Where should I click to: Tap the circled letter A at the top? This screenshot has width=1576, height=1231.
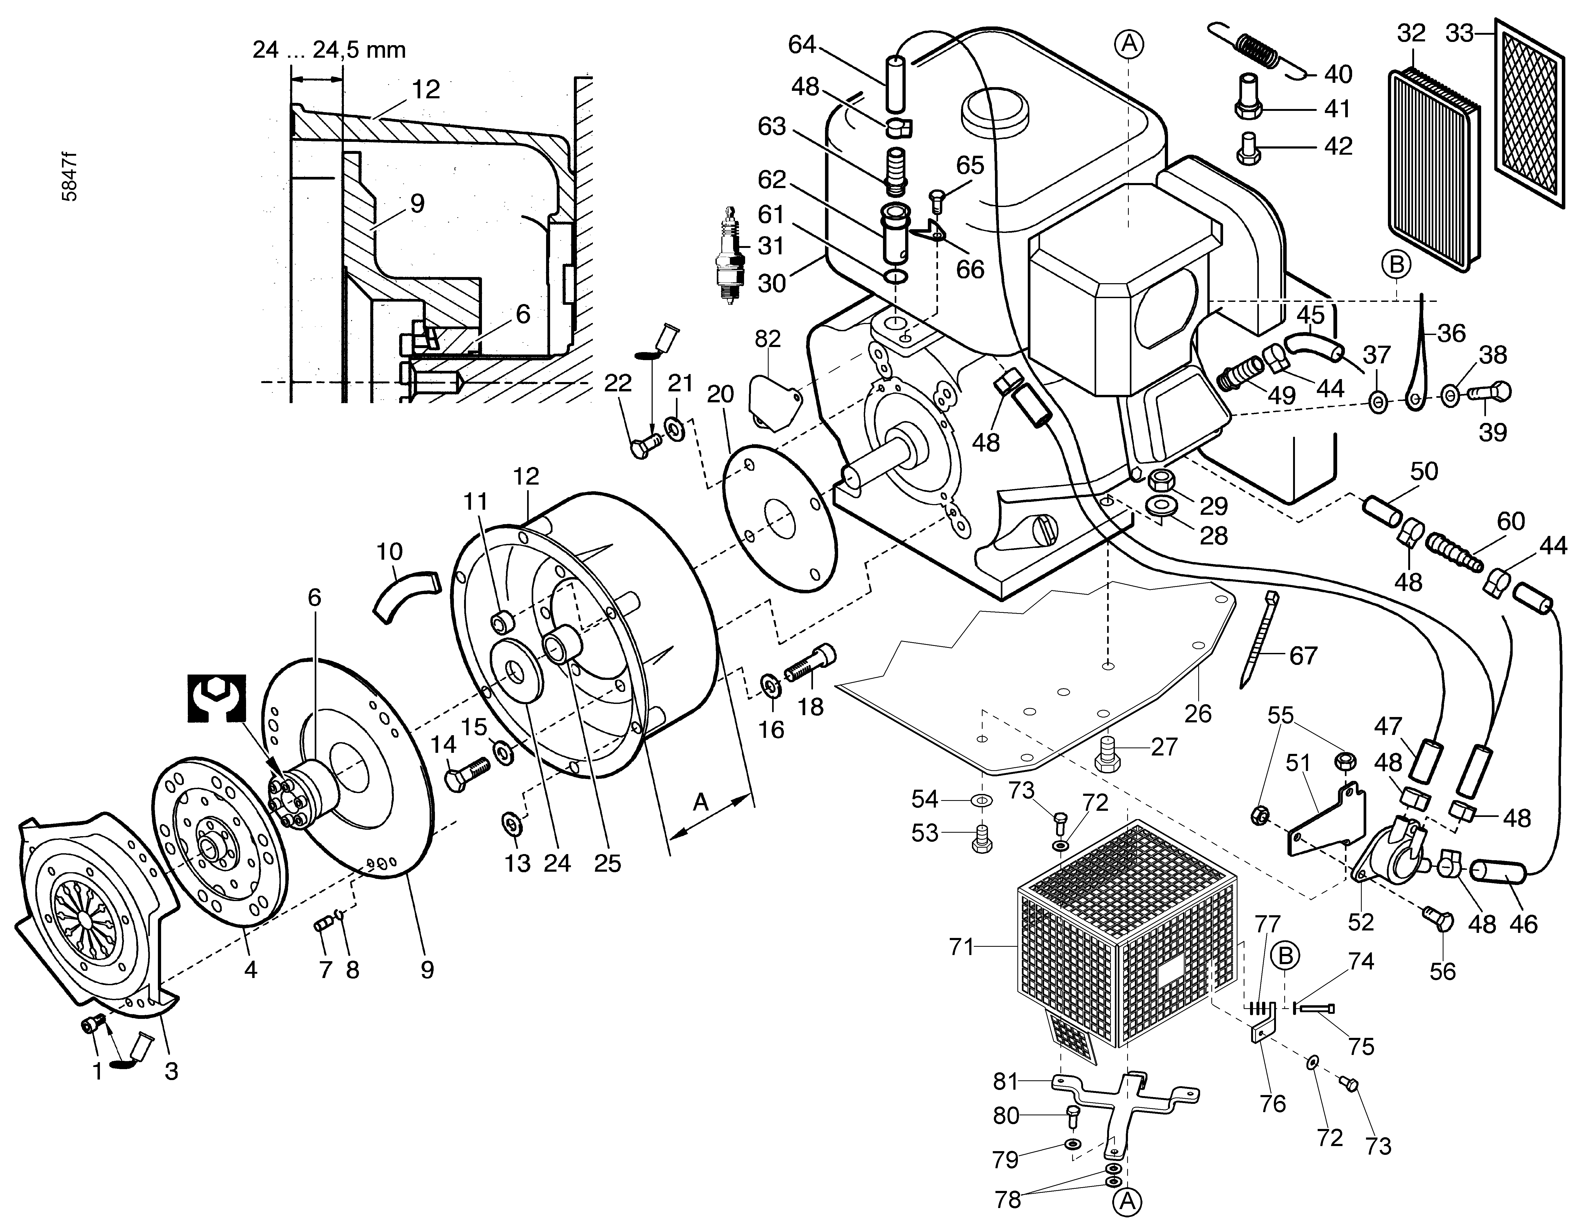(x=1130, y=44)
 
